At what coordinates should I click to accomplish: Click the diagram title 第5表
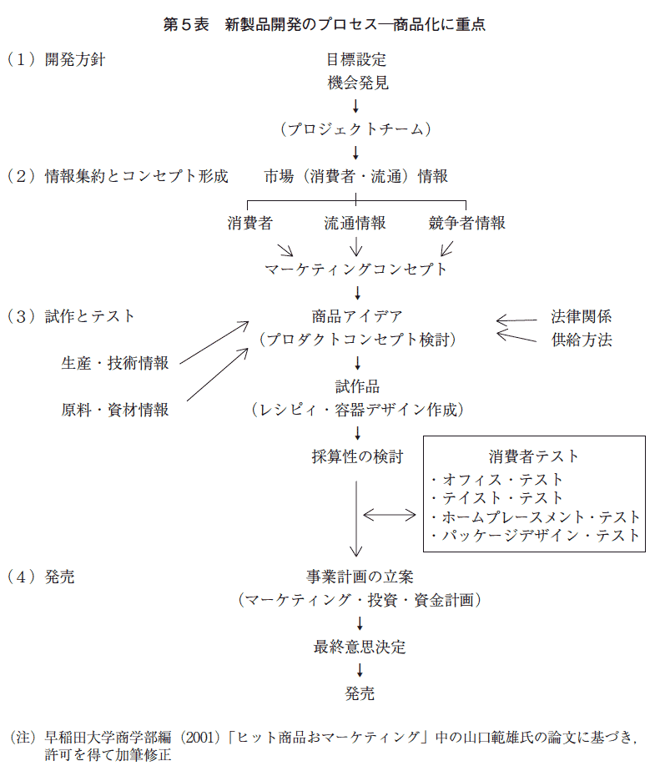[186, 24]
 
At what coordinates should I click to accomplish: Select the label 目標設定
[356, 59]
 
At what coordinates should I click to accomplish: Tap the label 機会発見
[358, 83]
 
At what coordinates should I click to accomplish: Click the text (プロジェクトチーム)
[356, 128]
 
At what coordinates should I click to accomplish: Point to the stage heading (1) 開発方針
[56, 59]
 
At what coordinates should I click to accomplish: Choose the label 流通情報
[355, 223]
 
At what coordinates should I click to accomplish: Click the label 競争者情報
[466, 223]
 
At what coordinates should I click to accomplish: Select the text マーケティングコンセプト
[356, 269]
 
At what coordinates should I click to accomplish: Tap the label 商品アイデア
[358, 316]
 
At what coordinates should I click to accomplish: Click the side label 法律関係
[582, 316]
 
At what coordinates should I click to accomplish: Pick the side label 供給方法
[582, 340]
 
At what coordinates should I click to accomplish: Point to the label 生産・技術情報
[115, 363]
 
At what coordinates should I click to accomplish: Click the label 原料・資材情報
[115, 410]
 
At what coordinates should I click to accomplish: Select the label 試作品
[358, 386]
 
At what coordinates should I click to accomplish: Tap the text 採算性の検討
[358, 456]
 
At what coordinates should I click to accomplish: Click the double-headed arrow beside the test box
[390, 515]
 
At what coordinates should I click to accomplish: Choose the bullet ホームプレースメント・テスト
[535, 517]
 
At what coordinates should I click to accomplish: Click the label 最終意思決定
[360, 647]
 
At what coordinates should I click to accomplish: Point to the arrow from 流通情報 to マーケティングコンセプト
[355, 246]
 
